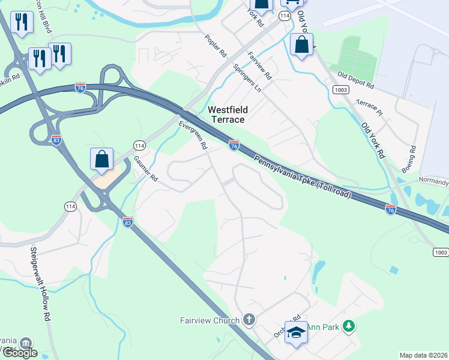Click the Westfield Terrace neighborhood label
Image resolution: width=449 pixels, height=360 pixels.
point(226,115)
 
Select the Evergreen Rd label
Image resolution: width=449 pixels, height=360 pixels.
point(193,136)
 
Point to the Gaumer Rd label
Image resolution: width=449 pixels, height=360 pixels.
point(145,169)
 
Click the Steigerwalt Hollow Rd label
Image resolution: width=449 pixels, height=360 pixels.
point(40,284)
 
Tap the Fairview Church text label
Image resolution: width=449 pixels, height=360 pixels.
point(210,320)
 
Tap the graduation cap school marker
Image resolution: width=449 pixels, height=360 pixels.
point(296,332)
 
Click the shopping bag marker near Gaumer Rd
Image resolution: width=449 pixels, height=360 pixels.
point(102,160)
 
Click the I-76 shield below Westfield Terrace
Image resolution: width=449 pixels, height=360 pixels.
point(234,146)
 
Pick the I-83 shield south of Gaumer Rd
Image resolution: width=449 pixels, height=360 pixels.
point(127,222)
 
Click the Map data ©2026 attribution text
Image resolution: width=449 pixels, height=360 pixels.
point(424,355)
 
